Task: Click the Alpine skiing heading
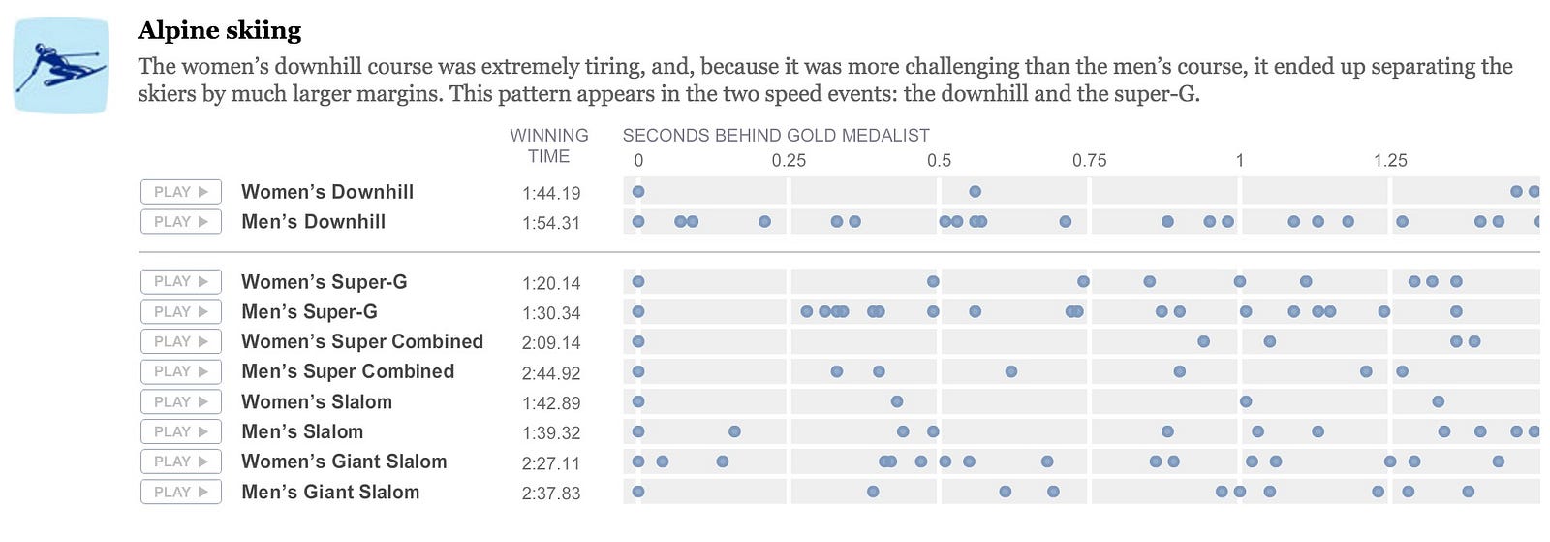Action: tap(220, 31)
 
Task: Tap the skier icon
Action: tap(60, 66)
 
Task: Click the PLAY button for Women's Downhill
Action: tap(181, 192)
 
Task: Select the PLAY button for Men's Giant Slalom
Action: tap(181, 492)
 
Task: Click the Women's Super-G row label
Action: tap(324, 282)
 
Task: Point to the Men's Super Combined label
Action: tap(347, 371)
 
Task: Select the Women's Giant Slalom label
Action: tap(344, 462)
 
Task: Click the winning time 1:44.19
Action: tap(551, 194)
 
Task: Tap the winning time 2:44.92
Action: tap(551, 373)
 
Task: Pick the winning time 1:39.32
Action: tap(551, 433)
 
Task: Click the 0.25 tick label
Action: tap(789, 161)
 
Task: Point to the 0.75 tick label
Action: tap(1089, 161)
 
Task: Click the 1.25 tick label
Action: tap(1390, 161)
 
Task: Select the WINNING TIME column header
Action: tap(549, 145)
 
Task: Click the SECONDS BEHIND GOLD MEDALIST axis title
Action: tap(776, 136)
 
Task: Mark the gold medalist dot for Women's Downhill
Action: tap(638, 192)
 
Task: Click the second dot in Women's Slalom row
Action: tap(897, 401)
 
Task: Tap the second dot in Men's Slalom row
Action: tap(734, 431)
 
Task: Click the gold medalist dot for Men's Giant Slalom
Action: tap(638, 492)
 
